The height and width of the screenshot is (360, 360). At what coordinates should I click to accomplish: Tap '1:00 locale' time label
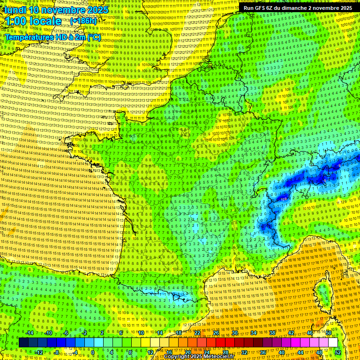coord(33,21)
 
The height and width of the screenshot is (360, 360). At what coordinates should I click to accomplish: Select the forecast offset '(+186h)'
coord(83,21)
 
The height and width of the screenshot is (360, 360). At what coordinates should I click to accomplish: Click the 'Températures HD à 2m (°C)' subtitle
coord(52,37)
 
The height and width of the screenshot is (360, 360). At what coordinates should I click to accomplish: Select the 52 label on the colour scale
coord(338,352)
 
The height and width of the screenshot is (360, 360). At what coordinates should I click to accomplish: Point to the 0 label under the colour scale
coord(93,352)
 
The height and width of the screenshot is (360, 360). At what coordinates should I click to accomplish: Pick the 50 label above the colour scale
coord(329,333)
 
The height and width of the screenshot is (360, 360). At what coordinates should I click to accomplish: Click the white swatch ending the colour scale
coord(333,343)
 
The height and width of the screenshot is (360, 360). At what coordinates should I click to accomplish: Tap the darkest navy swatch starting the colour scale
coord(23,343)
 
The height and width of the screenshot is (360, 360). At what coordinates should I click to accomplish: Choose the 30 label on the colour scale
coord(235,333)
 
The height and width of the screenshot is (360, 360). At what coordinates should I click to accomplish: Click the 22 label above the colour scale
coord(197,333)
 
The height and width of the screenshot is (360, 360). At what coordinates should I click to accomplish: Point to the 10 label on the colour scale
coord(141,333)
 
